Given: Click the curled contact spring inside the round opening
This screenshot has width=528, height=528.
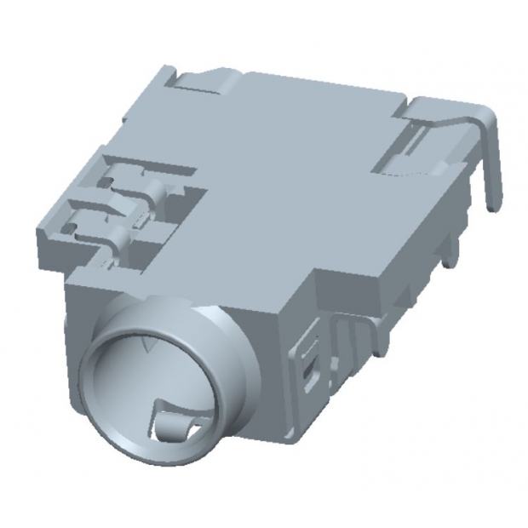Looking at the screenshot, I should [175, 420].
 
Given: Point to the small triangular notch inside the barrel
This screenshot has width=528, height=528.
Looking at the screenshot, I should [152, 345].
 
